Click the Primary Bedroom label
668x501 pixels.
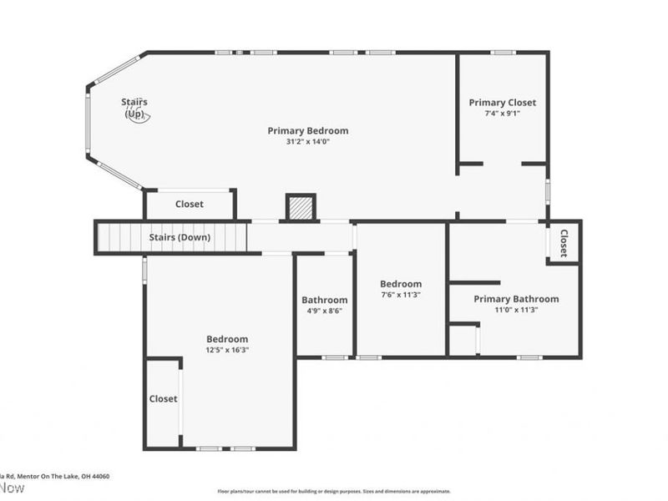(x=307, y=130)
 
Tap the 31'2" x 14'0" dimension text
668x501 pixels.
(x=307, y=142)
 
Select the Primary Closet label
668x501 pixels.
(x=502, y=103)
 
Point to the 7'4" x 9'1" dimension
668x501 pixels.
(x=502, y=114)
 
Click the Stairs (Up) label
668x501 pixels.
(x=134, y=108)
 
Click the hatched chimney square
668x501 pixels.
(x=301, y=207)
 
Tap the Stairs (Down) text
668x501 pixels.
(x=180, y=237)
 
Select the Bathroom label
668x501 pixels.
(x=324, y=300)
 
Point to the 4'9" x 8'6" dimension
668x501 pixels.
(x=324, y=311)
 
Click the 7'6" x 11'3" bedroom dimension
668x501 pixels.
(x=401, y=295)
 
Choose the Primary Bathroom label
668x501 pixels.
(x=516, y=299)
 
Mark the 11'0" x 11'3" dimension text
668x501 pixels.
(x=516, y=310)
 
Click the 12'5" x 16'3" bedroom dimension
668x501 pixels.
(x=227, y=350)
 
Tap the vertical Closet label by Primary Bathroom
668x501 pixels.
(x=564, y=242)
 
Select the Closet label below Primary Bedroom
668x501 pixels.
(x=189, y=205)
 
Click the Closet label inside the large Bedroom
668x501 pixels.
(x=163, y=399)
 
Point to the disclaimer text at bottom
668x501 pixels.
(x=334, y=492)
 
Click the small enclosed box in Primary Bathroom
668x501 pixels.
(x=463, y=340)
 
